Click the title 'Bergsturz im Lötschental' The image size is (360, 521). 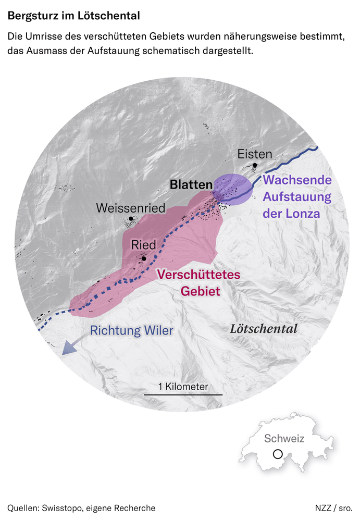pyautogui.click(x=73, y=16)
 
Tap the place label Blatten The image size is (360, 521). pyautogui.click(x=191, y=185)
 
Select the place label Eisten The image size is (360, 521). pyautogui.click(x=255, y=154)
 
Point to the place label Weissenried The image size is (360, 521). pyautogui.click(x=130, y=208)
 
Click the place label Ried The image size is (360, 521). pyautogui.click(x=143, y=245)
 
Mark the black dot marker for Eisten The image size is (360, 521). pyautogui.click(x=255, y=166)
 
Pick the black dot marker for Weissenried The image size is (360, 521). pyautogui.click(x=131, y=219)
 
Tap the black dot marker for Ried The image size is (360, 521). pyautogui.click(x=144, y=257)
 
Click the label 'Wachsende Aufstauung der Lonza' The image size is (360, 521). pyautogui.click(x=297, y=197)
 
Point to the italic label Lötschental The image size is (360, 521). pyautogui.click(x=264, y=329)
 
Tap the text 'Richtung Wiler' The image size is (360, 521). pyautogui.click(x=132, y=330)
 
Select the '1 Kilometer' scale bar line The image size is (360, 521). pyautogui.click(x=183, y=395)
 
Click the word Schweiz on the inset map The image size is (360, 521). pyautogui.click(x=284, y=439)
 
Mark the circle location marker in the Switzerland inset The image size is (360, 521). pyautogui.click(x=278, y=454)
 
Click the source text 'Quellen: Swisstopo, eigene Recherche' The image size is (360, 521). pyautogui.click(x=81, y=507)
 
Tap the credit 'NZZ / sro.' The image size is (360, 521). pyautogui.click(x=333, y=507)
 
